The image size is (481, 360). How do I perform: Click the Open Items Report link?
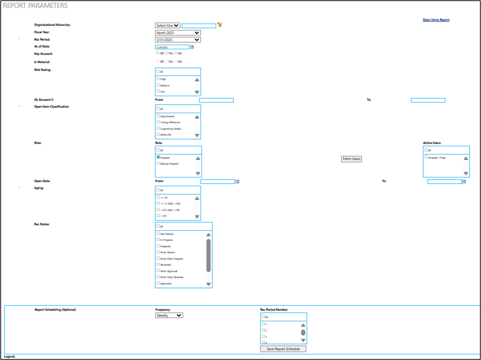pyautogui.click(x=436, y=20)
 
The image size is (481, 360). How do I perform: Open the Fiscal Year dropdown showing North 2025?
pyautogui.click(x=178, y=33)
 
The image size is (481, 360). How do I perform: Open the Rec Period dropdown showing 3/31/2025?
pyautogui.click(x=178, y=40)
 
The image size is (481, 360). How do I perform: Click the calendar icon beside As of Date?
pyautogui.click(x=192, y=47)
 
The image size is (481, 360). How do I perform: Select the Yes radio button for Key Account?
pyautogui.click(x=166, y=53)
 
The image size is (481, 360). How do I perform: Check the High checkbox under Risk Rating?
pyautogui.click(x=158, y=79)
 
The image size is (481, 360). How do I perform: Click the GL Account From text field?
pyautogui.click(x=216, y=100)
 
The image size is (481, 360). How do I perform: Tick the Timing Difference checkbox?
pyautogui.click(x=158, y=122)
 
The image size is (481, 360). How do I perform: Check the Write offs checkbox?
pyautogui.click(x=158, y=134)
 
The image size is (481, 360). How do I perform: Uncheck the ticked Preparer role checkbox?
pyautogui.click(x=158, y=157)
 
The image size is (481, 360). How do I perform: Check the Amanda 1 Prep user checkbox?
pyautogui.click(x=426, y=157)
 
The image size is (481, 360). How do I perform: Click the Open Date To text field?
pyautogui.click(x=445, y=182)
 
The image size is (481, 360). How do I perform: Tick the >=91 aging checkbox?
pyautogui.click(x=158, y=216)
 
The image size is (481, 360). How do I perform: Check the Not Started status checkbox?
pyautogui.click(x=158, y=233)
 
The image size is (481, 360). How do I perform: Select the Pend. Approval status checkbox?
pyautogui.click(x=158, y=271)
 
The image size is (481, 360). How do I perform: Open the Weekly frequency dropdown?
pyautogui.click(x=169, y=315)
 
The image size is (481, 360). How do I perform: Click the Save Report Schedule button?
pyautogui.click(x=283, y=349)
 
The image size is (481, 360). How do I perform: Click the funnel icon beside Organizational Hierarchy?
pyautogui.click(x=219, y=25)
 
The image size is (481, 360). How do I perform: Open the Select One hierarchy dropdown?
pyautogui.click(x=168, y=26)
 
